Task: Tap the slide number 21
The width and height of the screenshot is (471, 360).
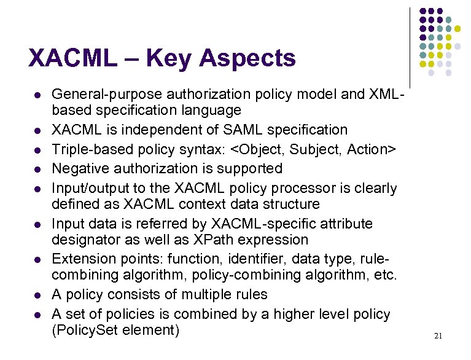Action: pos(438,335)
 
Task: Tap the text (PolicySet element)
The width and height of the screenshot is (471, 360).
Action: pos(115,331)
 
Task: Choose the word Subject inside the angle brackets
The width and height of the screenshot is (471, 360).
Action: pos(317,149)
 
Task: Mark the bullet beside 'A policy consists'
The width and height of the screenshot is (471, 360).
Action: pos(37,295)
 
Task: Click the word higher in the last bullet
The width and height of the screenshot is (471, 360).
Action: pos(292,314)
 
